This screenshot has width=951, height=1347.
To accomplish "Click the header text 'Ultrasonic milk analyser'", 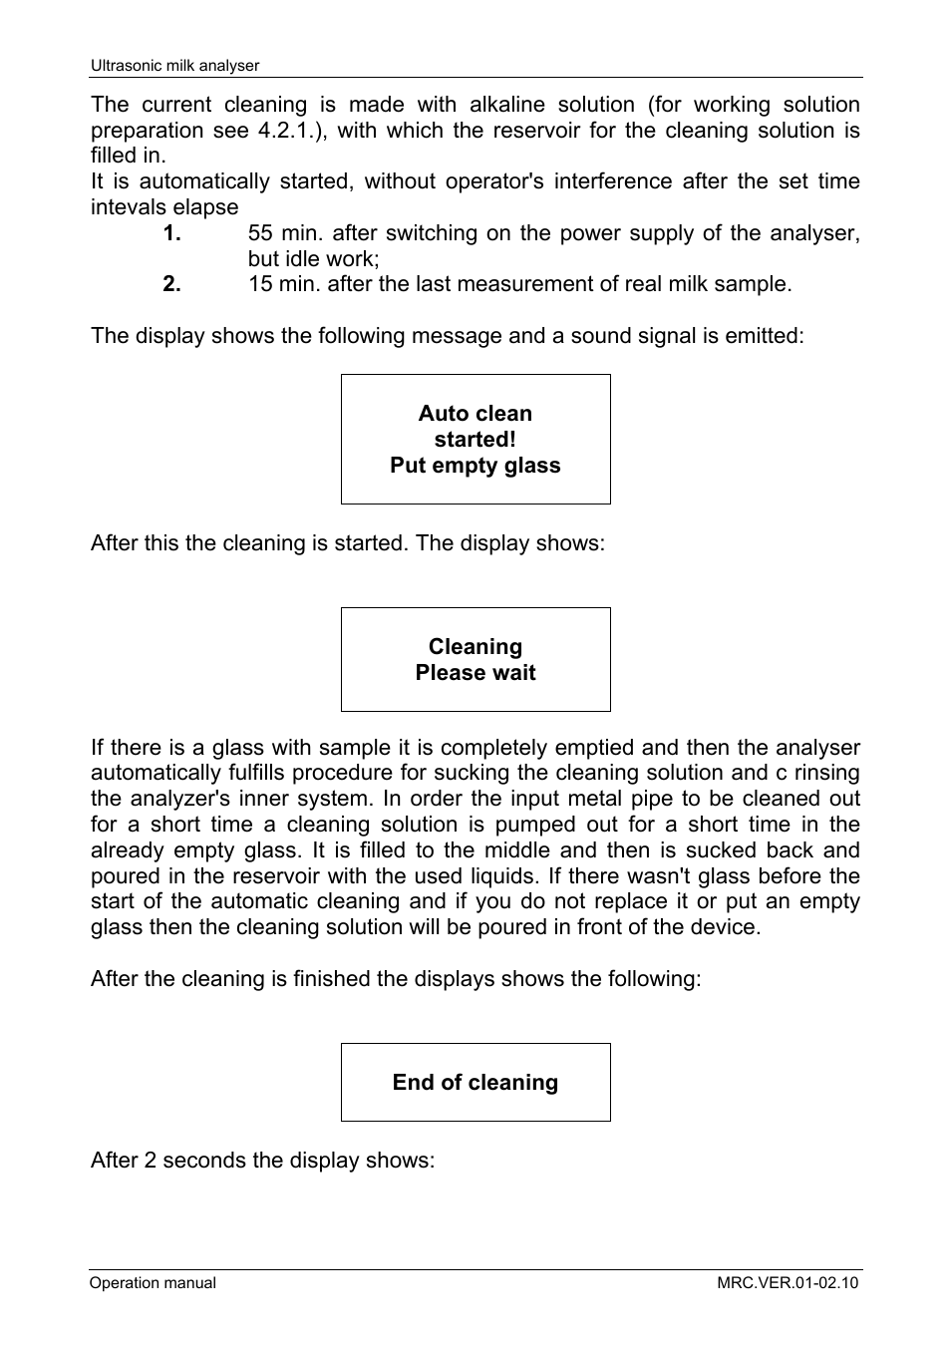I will [x=174, y=66].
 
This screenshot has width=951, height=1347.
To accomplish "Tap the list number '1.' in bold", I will [x=172, y=233].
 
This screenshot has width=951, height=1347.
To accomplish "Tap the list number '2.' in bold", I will [x=172, y=284].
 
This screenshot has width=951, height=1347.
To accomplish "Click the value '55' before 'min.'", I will [x=260, y=233].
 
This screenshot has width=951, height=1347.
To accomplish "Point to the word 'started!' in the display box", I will [x=475, y=440].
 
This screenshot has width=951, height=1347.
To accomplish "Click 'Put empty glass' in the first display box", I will [x=475, y=466].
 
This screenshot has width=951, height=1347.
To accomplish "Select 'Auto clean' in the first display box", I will [x=475, y=414].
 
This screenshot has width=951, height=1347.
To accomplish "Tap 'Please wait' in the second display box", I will [x=475, y=673].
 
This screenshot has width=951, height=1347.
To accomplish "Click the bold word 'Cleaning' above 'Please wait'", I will [x=475, y=647].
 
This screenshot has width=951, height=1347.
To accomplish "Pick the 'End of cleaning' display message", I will [x=475, y=1083].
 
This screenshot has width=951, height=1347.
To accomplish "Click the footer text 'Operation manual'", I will [x=153, y=1283].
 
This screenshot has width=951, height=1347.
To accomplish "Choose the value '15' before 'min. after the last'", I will [x=260, y=284].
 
